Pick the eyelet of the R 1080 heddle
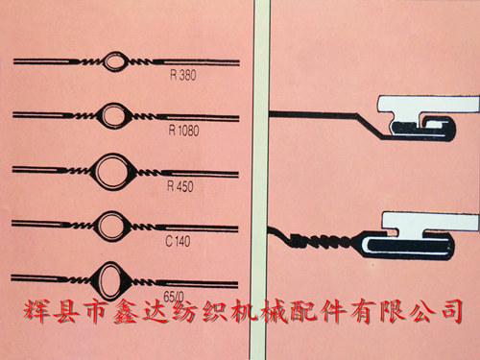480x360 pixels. (114, 116)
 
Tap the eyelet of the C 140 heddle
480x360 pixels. (112, 227)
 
